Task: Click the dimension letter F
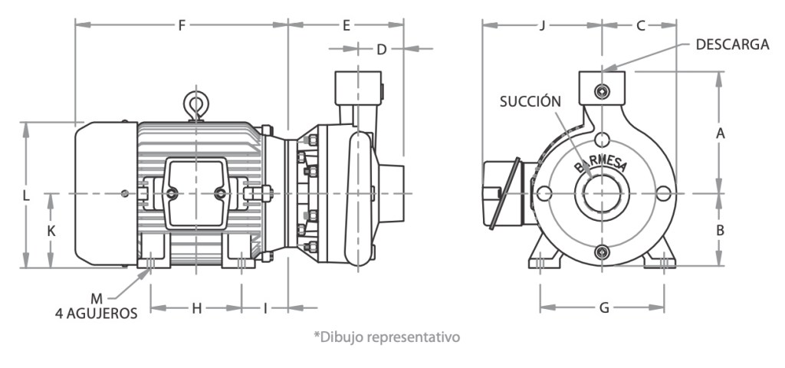click(182, 25)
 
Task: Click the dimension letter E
click(347, 25)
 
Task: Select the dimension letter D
click(381, 50)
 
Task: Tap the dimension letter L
click(26, 195)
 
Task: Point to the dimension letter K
click(51, 230)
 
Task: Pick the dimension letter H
click(196, 308)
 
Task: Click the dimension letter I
click(265, 308)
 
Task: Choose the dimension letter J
click(542, 25)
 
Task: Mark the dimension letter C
click(640, 25)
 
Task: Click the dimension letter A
click(720, 133)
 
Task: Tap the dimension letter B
click(720, 229)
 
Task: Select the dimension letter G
click(604, 308)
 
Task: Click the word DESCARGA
click(732, 44)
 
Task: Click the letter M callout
click(96, 297)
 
